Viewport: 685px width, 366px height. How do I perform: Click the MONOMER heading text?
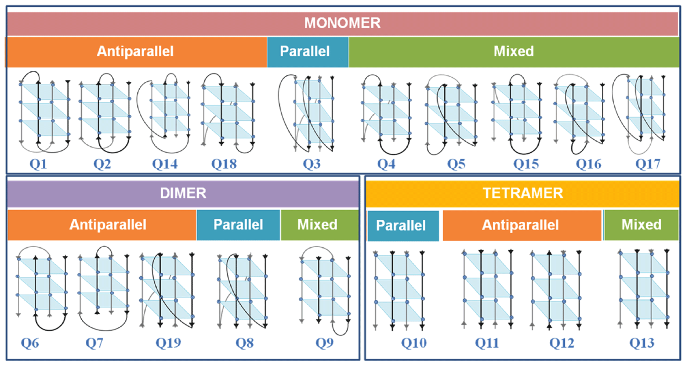(x=342, y=23)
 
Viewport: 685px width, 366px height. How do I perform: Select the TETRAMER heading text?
(x=523, y=193)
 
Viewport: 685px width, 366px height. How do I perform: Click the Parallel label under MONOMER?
(x=308, y=51)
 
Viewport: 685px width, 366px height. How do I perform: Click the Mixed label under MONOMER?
(x=513, y=51)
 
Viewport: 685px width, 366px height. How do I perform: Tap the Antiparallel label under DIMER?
(x=108, y=224)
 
